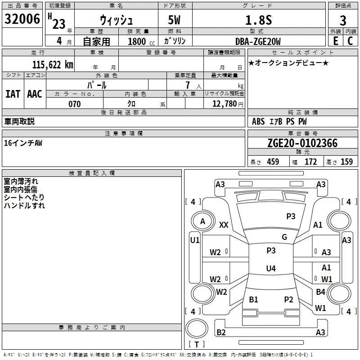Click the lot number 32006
pyautogui.click(x=22, y=19)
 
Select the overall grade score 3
pyautogui.click(x=343, y=21)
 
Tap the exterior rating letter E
pyautogui.click(x=336, y=41)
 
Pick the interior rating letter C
pyautogui.click(x=350, y=41)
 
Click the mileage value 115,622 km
pyautogui.click(x=53, y=65)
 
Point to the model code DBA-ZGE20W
pyautogui.click(x=258, y=41)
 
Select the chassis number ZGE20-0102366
pyautogui.click(x=302, y=143)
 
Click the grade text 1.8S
pyautogui.click(x=258, y=20)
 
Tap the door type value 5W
pyautogui.click(x=174, y=20)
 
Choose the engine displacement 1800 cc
pyautogui.click(x=141, y=41)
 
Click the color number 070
pyautogui.click(x=74, y=104)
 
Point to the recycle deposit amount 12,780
pyautogui.click(x=224, y=104)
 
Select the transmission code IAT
pyautogui.click(x=13, y=94)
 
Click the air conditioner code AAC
pyautogui.click(x=35, y=94)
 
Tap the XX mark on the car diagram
pyautogui.click(x=224, y=225)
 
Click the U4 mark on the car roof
pyautogui.click(x=271, y=268)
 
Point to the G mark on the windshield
pyautogui.click(x=284, y=237)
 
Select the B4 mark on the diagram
pyautogui.click(x=320, y=292)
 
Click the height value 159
pyautogui.click(x=346, y=162)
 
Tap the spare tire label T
pyautogui.click(x=197, y=344)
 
